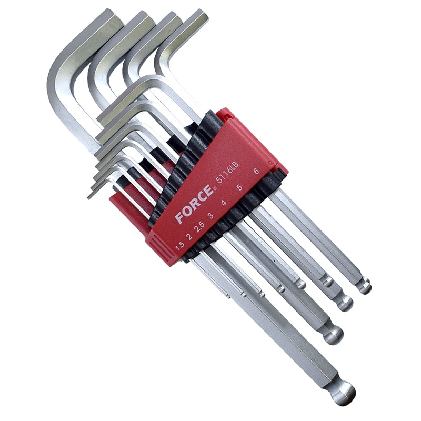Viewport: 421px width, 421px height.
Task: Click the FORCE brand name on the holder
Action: [195, 203]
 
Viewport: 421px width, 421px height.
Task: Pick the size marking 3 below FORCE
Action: [210, 215]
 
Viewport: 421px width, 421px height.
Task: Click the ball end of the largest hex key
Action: [339, 392]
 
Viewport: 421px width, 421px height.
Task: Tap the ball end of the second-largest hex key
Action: [333, 335]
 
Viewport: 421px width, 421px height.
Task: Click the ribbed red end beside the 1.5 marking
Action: [158, 247]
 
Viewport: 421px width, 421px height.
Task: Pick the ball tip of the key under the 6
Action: [364, 287]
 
